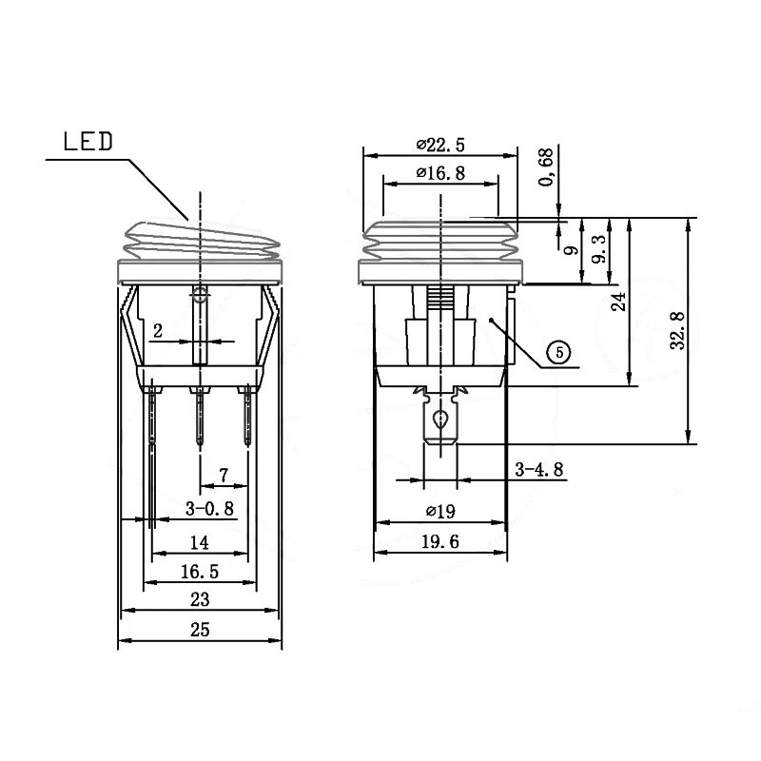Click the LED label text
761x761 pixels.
click(88, 141)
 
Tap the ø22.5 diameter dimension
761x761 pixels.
click(440, 145)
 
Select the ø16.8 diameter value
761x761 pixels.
click(440, 173)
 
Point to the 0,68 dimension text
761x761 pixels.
click(546, 167)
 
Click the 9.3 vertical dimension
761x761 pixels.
click(600, 249)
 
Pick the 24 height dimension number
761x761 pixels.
click(618, 302)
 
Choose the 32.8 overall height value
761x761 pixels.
click(677, 330)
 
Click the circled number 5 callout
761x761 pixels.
click(559, 352)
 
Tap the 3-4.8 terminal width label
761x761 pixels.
click(539, 469)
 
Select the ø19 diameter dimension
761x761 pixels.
click(440, 511)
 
